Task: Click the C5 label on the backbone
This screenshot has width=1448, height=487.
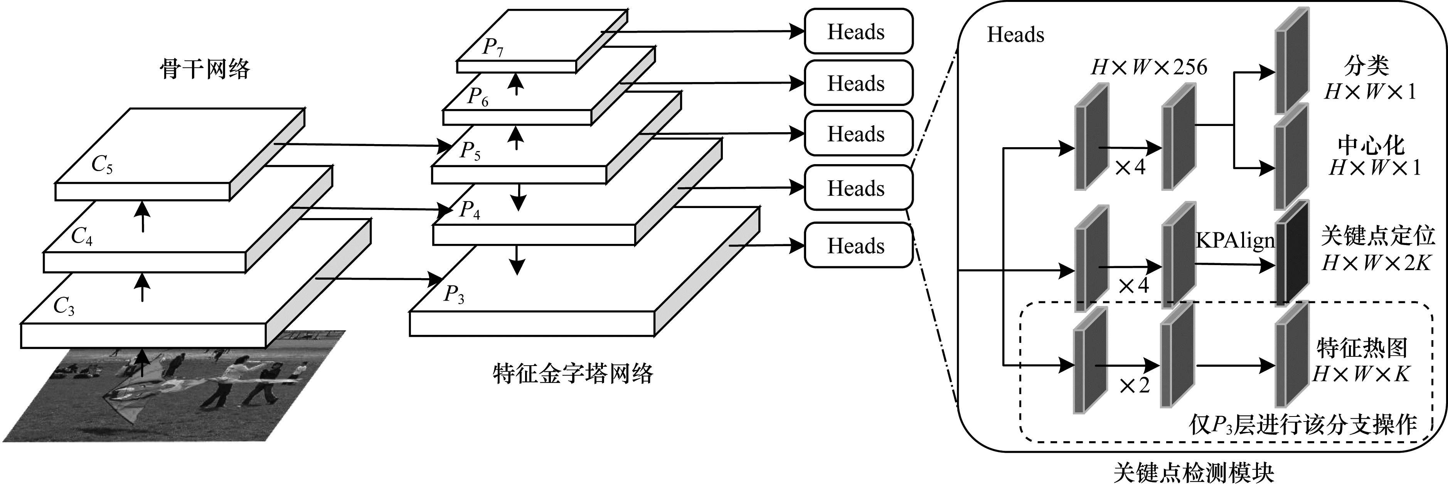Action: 102,165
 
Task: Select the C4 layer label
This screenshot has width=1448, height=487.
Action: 81,237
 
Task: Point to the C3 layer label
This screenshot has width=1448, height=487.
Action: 64,307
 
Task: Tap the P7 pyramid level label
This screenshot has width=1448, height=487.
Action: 492,47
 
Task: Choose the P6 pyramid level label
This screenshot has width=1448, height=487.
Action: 478,97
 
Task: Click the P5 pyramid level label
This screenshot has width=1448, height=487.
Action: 470,151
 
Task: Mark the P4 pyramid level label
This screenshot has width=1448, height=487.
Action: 469,210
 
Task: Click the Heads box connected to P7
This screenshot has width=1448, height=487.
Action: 858,32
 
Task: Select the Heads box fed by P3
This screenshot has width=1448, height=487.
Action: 858,245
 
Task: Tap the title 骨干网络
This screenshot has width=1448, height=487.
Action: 205,70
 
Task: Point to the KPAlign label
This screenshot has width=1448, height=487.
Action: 1235,240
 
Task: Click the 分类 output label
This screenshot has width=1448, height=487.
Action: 1367,66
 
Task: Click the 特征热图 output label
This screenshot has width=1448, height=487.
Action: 1362,348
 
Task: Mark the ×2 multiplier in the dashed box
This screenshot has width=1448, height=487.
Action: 1134,385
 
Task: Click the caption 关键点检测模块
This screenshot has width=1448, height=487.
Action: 1193,474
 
